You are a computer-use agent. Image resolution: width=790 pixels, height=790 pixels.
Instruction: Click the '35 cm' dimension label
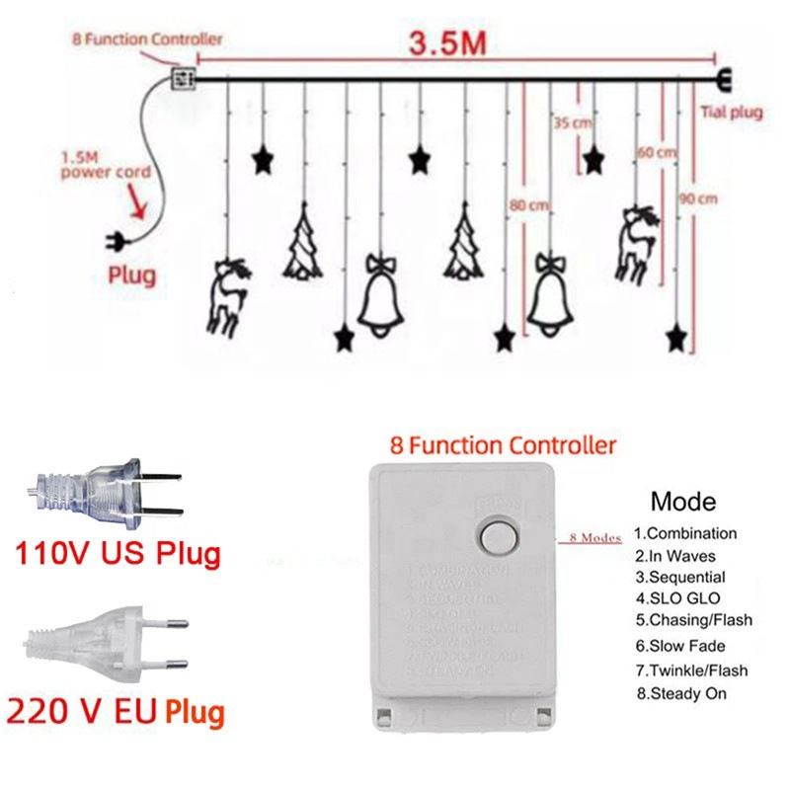tap(567, 124)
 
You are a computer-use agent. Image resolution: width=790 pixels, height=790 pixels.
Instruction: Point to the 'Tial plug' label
tap(731, 113)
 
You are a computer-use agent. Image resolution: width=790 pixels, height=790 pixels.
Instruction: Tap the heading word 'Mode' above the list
tap(683, 502)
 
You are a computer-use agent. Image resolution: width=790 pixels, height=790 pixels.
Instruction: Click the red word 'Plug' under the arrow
tap(132, 275)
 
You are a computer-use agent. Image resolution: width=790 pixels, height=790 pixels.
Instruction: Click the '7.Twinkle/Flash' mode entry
tap(690, 671)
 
